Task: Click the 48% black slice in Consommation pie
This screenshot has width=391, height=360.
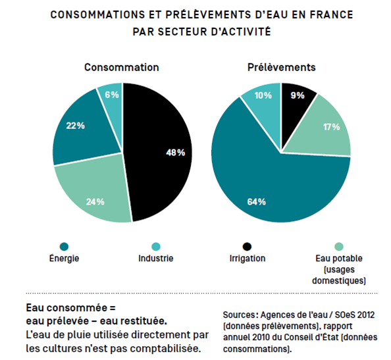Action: point(159,152)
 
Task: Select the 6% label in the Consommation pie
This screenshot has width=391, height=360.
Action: point(112,95)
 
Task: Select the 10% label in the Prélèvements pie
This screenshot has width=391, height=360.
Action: point(263,95)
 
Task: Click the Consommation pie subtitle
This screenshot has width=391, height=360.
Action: point(121,67)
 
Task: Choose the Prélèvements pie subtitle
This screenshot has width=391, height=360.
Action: point(281,67)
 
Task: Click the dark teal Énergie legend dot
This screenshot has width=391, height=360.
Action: point(64,247)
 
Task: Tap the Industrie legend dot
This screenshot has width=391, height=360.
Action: point(156,247)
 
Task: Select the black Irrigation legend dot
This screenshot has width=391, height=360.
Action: point(247,247)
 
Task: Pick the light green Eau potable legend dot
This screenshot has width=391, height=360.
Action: point(339,247)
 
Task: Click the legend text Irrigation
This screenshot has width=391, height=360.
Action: point(248,258)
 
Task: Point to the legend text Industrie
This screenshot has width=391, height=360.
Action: point(156,258)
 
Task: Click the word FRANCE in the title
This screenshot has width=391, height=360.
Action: point(332,14)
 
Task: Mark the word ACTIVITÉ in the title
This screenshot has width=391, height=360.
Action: point(246,31)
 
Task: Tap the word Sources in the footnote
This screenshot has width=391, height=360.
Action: point(240,315)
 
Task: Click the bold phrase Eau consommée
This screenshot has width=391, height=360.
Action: point(67,308)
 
